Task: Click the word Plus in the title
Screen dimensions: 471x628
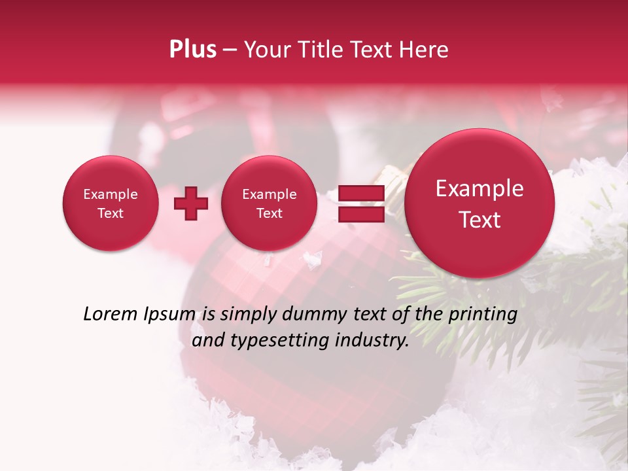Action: click(x=192, y=50)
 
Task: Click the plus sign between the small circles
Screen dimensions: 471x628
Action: click(x=191, y=203)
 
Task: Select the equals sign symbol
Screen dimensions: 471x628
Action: click(x=360, y=203)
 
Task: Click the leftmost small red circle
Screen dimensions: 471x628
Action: click(x=110, y=203)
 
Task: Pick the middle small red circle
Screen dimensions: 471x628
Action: click(x=269, y=203)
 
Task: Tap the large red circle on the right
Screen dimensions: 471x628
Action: click(x=480, y=203)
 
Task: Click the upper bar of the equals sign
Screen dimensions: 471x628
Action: click(x=360, y=194)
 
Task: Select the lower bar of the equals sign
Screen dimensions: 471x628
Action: click(x=360, y=213)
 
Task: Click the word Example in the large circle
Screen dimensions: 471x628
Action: click(x=480, y=188)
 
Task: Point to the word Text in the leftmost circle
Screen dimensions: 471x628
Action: click(x=110, y=213)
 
